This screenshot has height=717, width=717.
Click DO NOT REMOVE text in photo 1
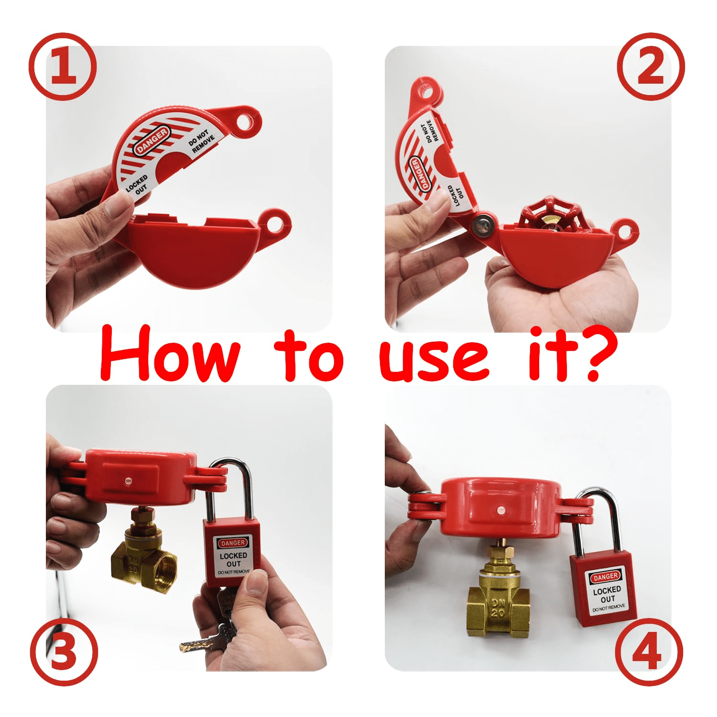[201, 141]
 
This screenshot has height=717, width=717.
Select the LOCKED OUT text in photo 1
[138, 184]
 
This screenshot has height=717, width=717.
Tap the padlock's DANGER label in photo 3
[233, 543]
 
